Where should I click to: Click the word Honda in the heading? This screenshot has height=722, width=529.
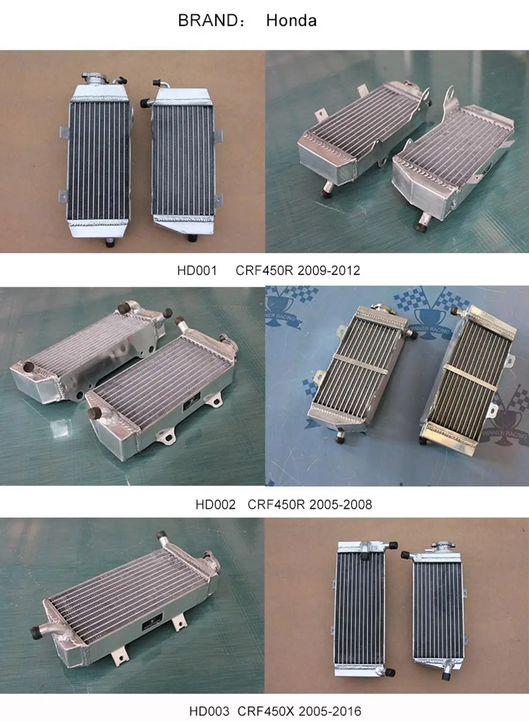(x=291, y=21)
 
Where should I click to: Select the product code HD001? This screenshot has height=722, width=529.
(x=197, y=270)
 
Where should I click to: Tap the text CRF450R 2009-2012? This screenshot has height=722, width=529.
(x=298, y=270)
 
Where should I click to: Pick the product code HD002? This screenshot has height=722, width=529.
(x=215, y=504)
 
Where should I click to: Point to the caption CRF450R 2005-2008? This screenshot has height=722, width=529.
(x=309, y=504)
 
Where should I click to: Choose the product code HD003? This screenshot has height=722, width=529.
(x=209, y=711)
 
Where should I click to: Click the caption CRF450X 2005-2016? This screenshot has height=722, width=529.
(x=299, y=711)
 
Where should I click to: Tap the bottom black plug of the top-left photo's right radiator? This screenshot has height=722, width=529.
(x=191, y=238)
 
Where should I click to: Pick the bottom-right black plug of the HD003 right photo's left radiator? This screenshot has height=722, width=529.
(x=390, y=673)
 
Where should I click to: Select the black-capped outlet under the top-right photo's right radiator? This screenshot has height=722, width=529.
(x=420, y=227)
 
